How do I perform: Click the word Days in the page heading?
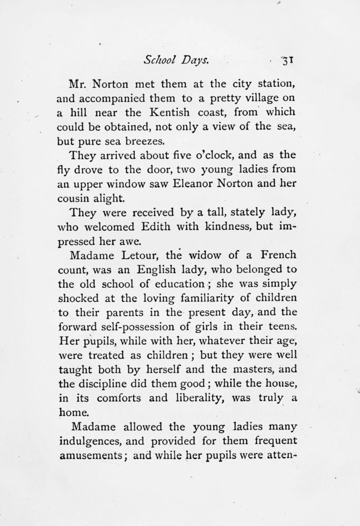[x=195, y=60]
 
